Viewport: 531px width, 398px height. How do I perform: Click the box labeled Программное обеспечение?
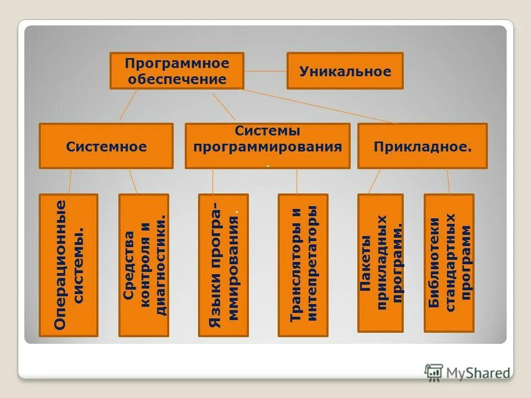[177, 71]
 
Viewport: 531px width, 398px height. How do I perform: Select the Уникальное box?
[345, 71]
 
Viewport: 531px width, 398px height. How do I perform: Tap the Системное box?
[106, 146]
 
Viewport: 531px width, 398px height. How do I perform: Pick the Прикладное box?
[422, 146]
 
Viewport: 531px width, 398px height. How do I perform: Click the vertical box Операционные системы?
[69, 265]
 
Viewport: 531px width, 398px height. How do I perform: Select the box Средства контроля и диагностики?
[144, 265]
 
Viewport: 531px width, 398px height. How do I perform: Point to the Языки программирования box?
[223, 265]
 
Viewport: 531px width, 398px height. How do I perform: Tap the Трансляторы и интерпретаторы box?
[303, 265]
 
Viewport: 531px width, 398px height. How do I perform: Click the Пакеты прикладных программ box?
[381, 263]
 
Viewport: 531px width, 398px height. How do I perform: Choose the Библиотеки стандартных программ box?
[449, 263]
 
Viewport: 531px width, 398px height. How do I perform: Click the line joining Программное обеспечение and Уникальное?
[265, 71]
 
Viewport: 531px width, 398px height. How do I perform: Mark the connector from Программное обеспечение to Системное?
[128, 105]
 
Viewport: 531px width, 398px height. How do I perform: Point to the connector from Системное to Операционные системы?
[70, 181]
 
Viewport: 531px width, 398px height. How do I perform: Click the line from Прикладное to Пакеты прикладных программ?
[374, 181]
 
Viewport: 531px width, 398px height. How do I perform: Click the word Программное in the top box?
[177, 64]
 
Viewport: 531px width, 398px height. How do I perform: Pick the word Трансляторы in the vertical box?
[296, 287]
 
